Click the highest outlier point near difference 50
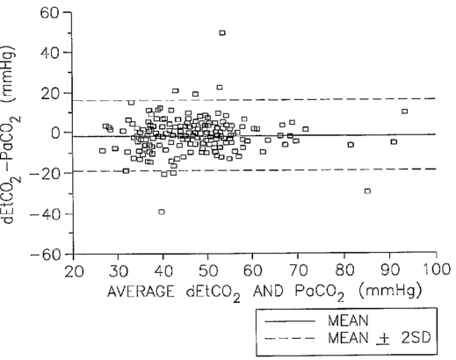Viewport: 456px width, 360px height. click(x=222, y=32)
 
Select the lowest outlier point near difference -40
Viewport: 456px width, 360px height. click(x=162, y=212)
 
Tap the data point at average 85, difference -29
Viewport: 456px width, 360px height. click(x=367, y=191)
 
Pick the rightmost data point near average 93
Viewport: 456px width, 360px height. click(x=404, y=112)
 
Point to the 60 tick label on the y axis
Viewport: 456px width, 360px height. click(x=50, y=12)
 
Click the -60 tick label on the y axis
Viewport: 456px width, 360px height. click(x=46, y=255)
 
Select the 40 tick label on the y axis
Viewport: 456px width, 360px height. click(x=50, y=53)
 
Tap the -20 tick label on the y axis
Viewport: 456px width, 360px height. click(x=46, y=173)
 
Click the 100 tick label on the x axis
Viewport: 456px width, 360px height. click(x=437, y=270)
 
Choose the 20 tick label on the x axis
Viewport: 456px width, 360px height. click(x=74, y=271)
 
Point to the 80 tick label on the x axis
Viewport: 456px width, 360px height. click(x=344, y=270)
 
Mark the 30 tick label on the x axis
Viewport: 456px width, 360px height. click(x=119, y=271)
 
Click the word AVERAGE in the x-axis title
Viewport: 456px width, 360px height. click(x=141, y=292)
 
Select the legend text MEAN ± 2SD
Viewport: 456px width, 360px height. click(x=380, y=338)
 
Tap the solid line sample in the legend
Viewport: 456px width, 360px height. click(x=290, y=321)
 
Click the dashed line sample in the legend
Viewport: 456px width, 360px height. click(x=290, y=339)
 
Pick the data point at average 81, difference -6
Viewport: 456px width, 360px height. click(x=351, y=145)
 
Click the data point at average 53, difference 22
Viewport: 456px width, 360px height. click(x=220, y=87)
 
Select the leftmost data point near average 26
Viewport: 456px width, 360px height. click(x=102, y=151)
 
